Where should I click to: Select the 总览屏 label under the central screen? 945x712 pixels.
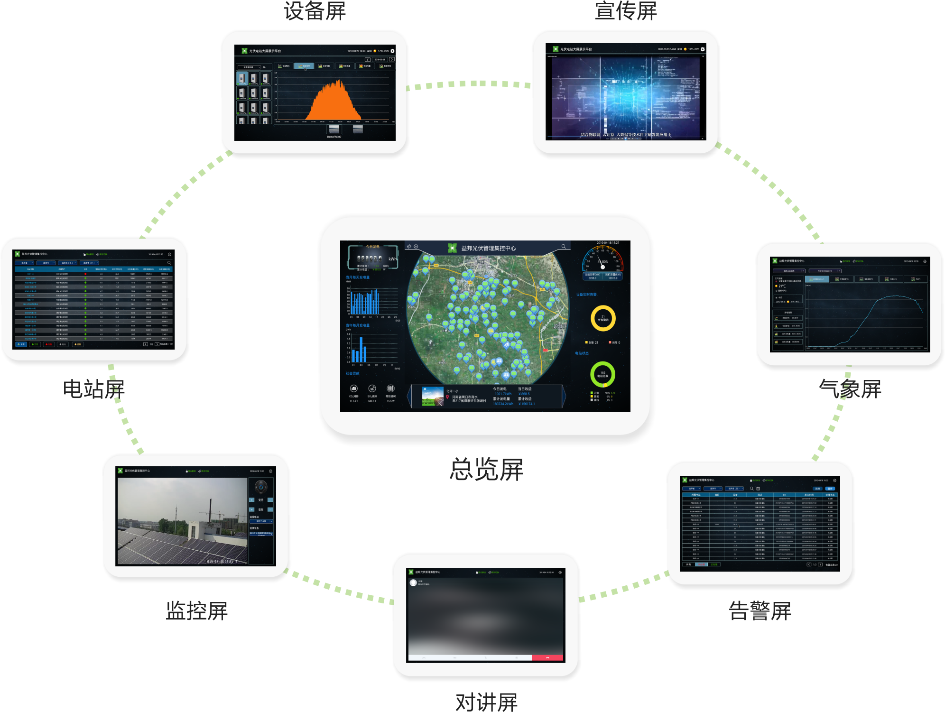(486, 469)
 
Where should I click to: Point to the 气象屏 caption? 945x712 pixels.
(850, 389)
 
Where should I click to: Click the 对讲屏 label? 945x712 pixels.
(486, 702)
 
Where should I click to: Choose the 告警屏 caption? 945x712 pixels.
(760, 610)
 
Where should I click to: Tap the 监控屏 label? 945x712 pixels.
(197, 610)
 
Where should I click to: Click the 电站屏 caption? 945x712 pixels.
(94, 389)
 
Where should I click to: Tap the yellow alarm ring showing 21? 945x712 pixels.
(603, 318)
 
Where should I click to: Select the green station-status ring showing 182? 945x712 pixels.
(602, 374)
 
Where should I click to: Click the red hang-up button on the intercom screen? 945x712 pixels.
(547, 658)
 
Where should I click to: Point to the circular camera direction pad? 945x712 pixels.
(261, 487)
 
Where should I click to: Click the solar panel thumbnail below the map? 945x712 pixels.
(433, 397)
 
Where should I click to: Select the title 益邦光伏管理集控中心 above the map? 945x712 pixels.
(488, 248)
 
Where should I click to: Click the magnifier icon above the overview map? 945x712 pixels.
(564, 247)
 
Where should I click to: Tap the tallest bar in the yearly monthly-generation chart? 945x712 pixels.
(361, 350)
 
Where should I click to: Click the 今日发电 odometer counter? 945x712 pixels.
(370, 259)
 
